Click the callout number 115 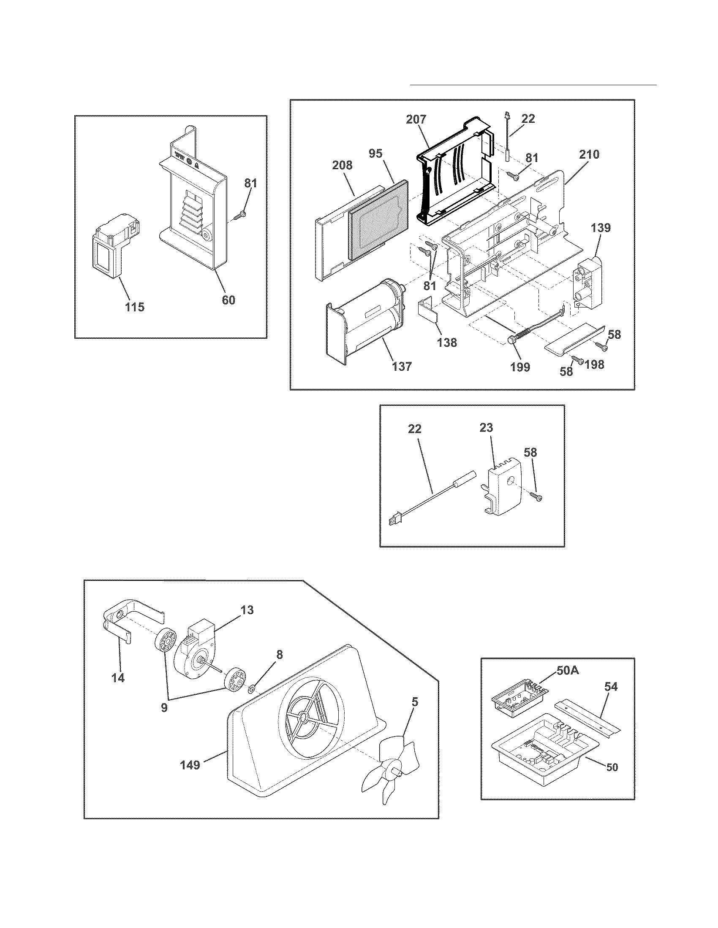(x=134, y=307)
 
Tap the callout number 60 (x=228, y=300)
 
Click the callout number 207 (x=416, y=119)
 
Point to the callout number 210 (x=589, y=154)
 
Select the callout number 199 (x=519, y=366)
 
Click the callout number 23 (x=486, y=427)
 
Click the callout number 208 (x=342, y=165)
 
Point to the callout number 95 (x=375, y=154)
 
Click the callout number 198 (x=594, y=364)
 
